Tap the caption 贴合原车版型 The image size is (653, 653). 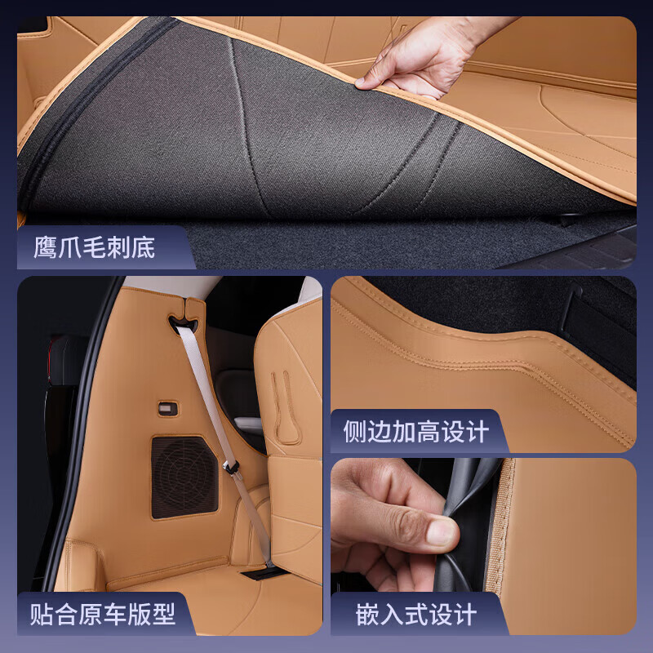(103, 613)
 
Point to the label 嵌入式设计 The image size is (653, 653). (415, 614)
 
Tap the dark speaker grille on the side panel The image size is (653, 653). (184, 477)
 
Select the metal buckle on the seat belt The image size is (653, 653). (232, 469)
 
